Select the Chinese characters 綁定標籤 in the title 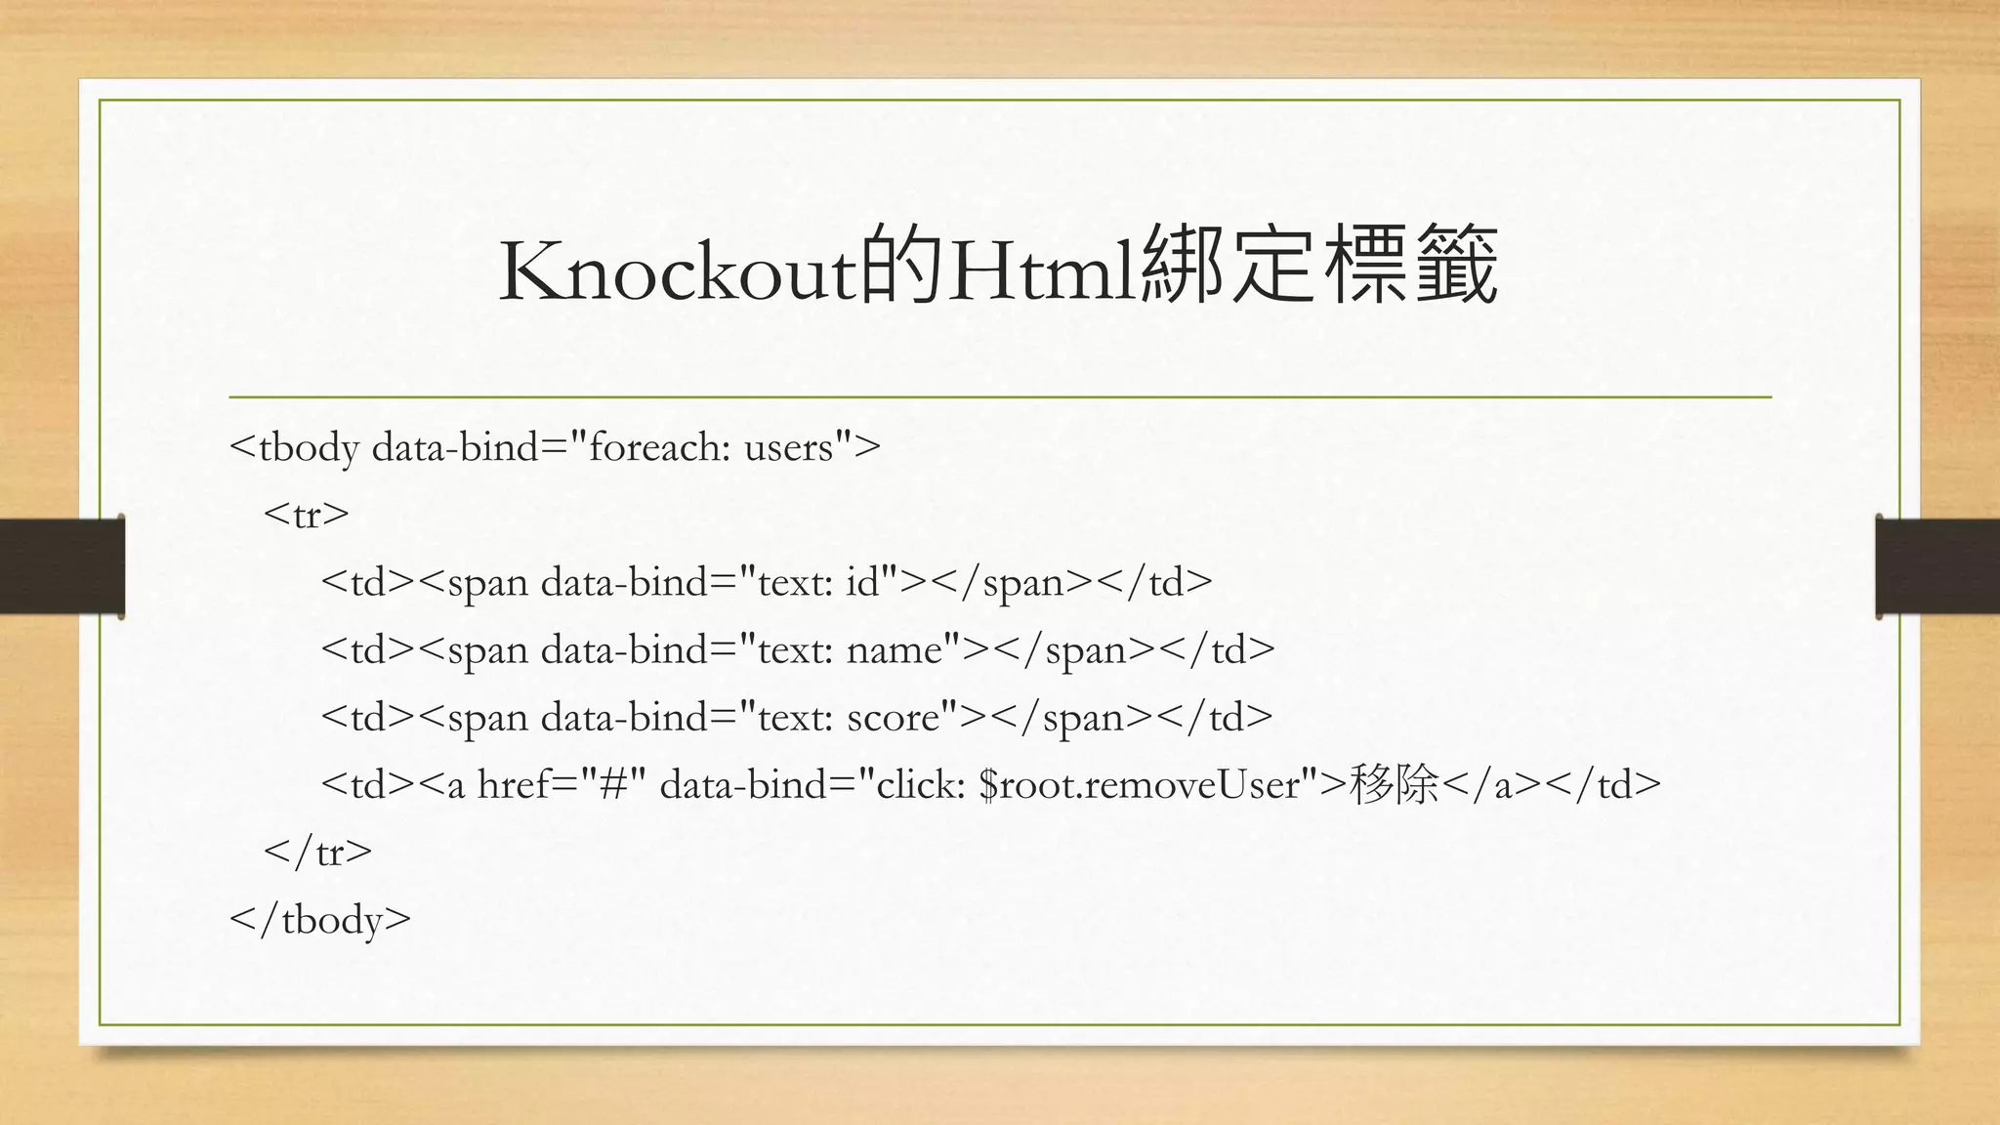click(x=1319, y=266)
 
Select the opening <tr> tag click(x=307, y=515)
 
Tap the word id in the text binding click(x=863, y=583)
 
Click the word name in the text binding click(x=894, y=650)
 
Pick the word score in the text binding click(x=893, y=718)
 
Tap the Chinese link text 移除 click(x=1394, y=784)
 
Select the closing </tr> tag click(x=318, y=853)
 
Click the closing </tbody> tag click(x=320, y=920)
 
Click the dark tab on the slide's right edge click(x=1937, y=566)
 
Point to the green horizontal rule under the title click(x=1000, y=397)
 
